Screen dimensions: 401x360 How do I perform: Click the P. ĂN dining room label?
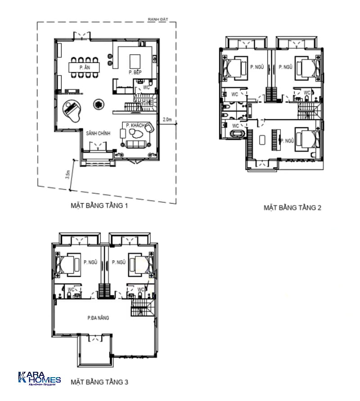point(83,67)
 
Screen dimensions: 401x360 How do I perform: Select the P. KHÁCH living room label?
point(135,125)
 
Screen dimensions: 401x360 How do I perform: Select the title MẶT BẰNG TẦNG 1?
point(99,206)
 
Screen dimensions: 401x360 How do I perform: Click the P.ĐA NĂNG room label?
point(99,318)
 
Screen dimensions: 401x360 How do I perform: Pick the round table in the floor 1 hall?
point(97,104)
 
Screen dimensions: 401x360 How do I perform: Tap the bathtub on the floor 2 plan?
point(237,134)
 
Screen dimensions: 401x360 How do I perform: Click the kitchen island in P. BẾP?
point(135,61)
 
